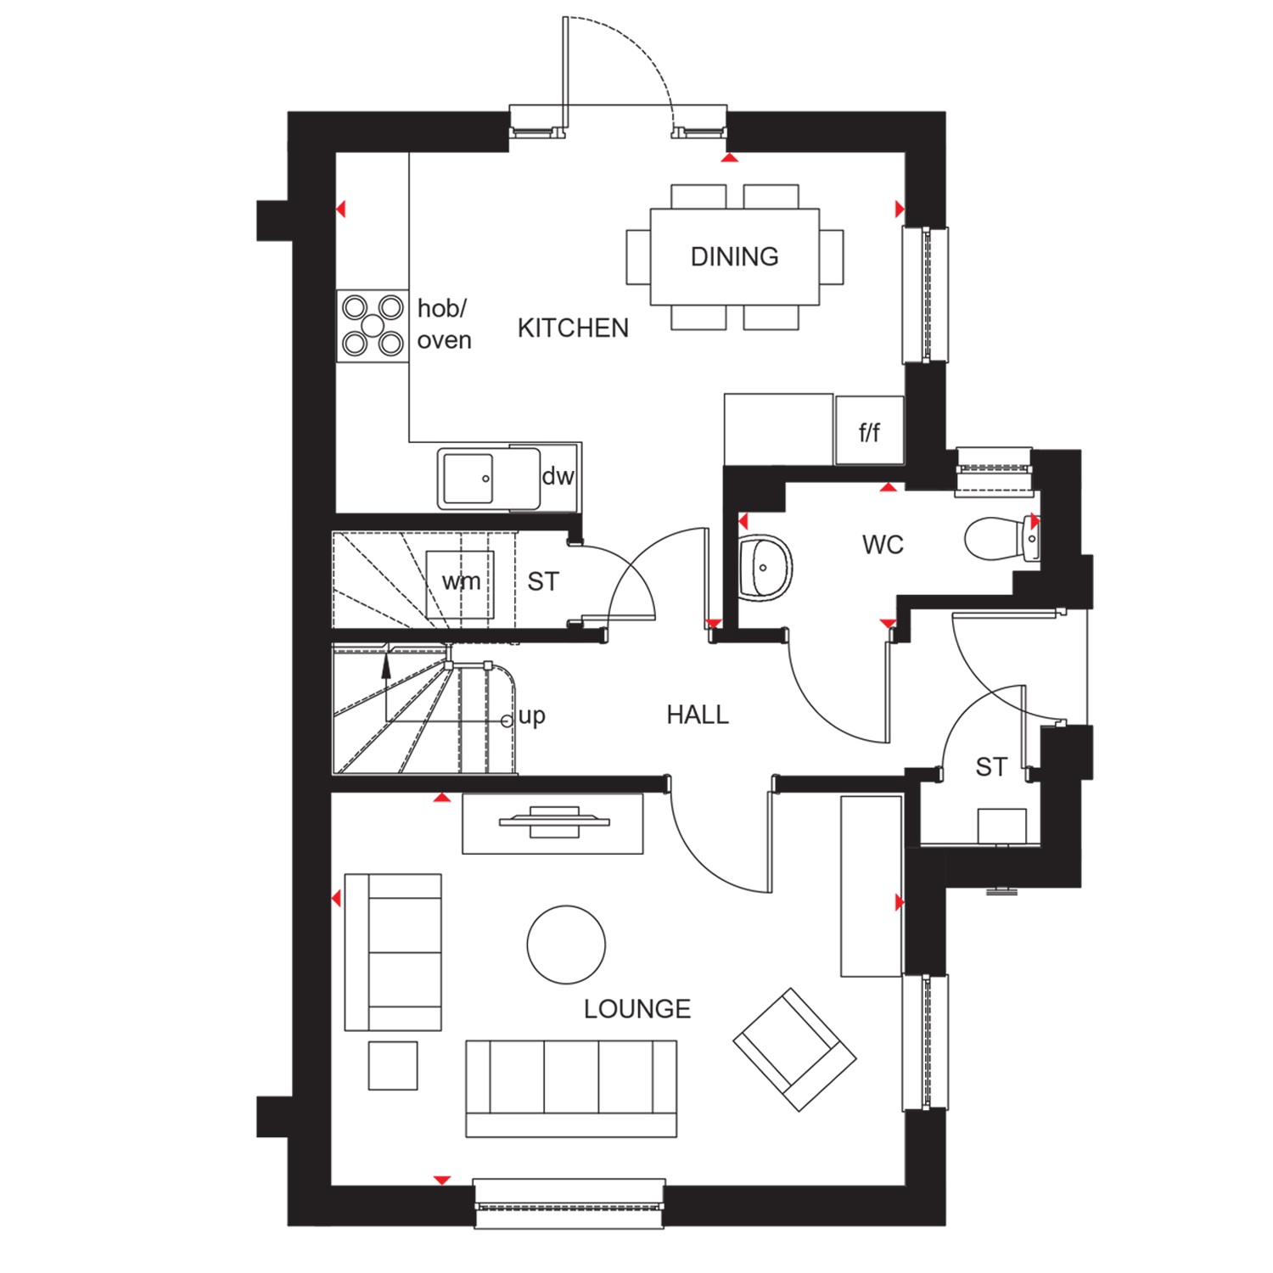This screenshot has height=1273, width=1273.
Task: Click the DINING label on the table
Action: (734, 256)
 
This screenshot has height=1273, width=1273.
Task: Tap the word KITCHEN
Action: (573, 328)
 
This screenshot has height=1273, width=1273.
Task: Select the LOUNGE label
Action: (637, 1009)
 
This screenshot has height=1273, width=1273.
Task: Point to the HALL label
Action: (698, 715)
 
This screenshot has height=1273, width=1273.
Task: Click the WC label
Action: (883, 545)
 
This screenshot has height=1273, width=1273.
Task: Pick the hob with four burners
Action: (373, 326)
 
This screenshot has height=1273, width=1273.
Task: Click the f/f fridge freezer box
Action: (869, 430)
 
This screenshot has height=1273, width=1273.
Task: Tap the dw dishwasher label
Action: (558, 476)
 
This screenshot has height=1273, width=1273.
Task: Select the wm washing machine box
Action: (460, 585)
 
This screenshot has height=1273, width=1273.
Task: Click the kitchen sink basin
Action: (466, 479)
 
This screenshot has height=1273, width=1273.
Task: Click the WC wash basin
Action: (765, 568)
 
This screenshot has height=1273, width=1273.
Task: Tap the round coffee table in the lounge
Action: (566, 945)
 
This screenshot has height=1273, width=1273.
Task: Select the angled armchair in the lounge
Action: (794, 1050)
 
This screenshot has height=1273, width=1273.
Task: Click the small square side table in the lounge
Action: (393, 1066)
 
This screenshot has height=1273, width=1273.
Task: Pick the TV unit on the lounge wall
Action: (552, 823)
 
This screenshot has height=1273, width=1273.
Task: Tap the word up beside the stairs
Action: (531, 717)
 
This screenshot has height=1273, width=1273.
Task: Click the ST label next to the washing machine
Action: (543, 582)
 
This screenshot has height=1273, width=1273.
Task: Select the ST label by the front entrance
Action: (991, 767)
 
